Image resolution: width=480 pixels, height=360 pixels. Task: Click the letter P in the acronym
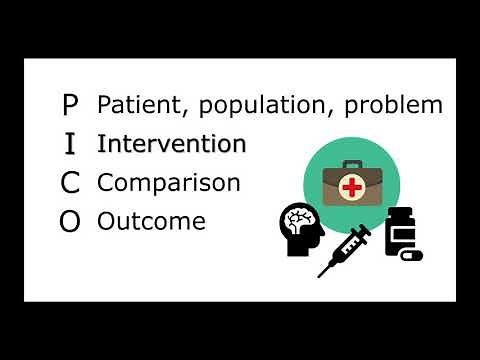tap(69, 103)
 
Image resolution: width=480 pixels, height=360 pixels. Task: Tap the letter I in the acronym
tap(69, 143)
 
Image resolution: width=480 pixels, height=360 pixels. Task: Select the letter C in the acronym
tap(69, 183)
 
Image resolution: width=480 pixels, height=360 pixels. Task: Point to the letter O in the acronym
tap(69, 222)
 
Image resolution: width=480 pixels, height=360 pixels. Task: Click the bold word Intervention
tap(171, 143)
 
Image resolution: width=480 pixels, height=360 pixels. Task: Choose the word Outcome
tap(151, 221)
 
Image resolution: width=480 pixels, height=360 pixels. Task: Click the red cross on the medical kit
tap(350, 186)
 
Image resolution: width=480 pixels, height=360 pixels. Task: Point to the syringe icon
tap(345, 249)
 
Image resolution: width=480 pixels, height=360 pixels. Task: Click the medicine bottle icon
tap(399, 233)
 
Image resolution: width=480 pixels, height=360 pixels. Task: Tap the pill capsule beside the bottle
tap(411, 255)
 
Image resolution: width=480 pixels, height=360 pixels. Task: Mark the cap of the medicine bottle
tap(399, 212)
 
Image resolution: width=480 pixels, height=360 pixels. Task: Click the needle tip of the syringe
tap(322, 273)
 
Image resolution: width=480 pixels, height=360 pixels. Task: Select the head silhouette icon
tap(301, 230)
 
